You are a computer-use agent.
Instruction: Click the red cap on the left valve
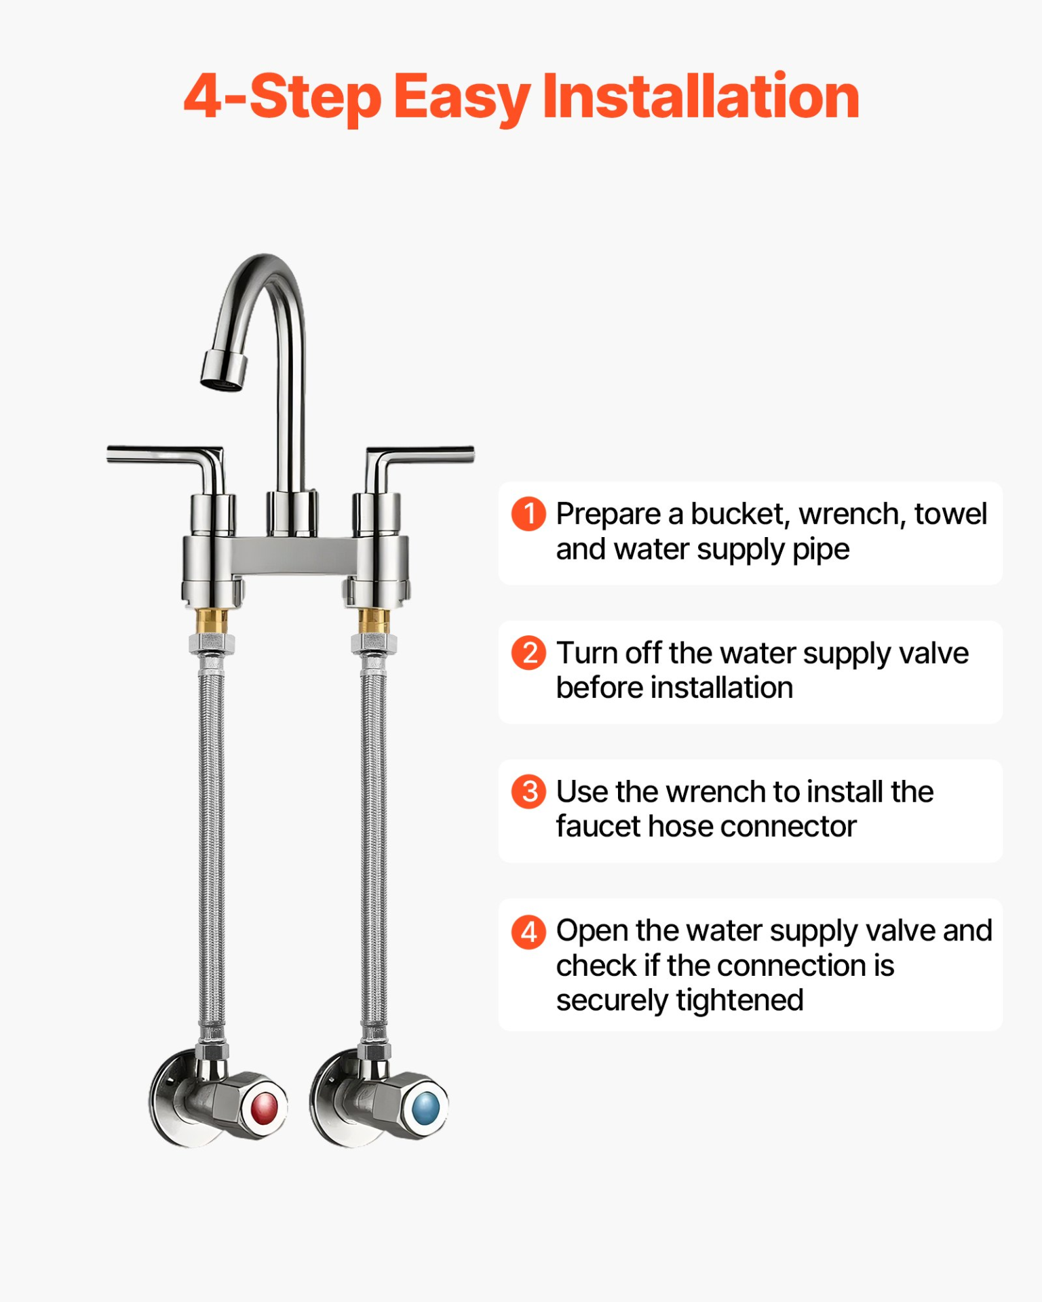(265, 1109)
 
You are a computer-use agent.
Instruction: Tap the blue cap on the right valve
(426, 1109)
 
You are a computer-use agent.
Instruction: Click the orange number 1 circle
(528, 513)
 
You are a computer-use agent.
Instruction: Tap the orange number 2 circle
(528, 652)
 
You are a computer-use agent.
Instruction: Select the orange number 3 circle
(528, 791)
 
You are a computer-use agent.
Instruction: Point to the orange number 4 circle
(528, 931)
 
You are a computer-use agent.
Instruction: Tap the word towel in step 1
(950, 514)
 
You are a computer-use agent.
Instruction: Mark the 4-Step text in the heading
(282, 97)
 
